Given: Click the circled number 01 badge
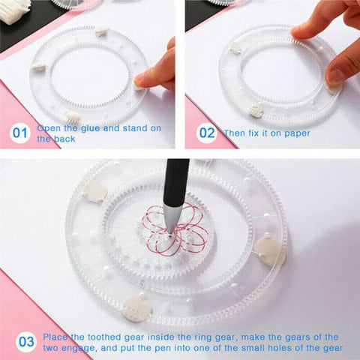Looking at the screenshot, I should click(x=20, y=133).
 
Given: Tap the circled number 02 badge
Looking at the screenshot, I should click(x=205, y=133).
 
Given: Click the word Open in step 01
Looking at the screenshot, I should click(x=49, y=128).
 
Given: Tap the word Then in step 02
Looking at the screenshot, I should click(x=235, y=133).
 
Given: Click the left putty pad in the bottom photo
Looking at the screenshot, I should click(x=94, y=192).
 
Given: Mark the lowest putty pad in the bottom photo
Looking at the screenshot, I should click(x=136, y=307).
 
